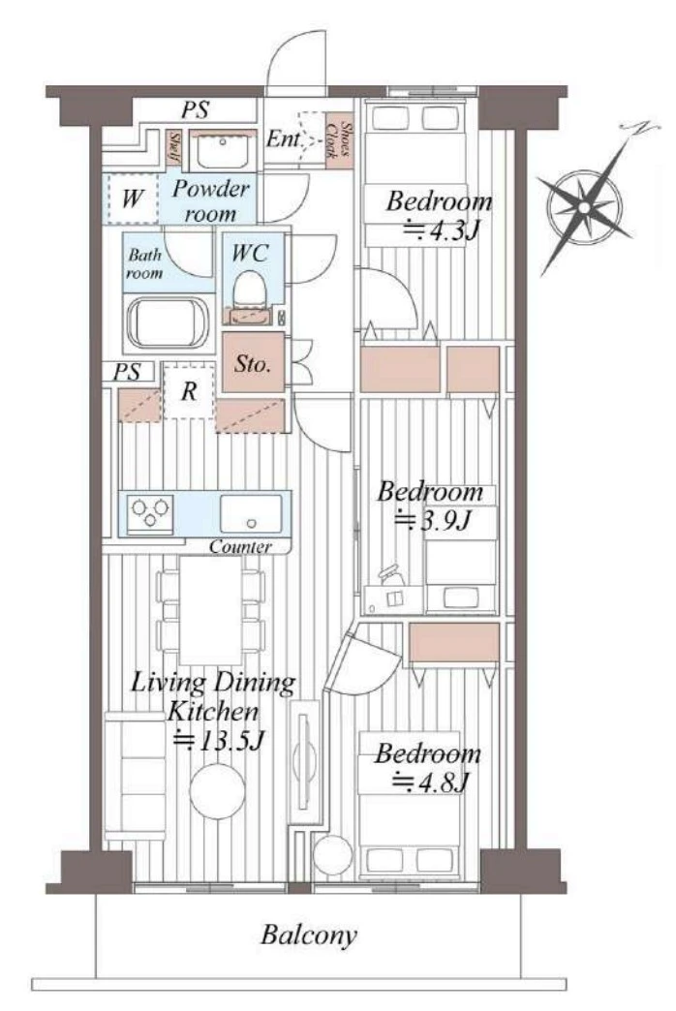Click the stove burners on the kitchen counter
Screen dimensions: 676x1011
point(150,513)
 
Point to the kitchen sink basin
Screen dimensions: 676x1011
point(250,513)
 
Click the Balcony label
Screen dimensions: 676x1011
point(308,934)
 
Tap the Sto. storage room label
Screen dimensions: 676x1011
point(252,364)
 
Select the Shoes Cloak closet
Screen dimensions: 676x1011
point(339,141)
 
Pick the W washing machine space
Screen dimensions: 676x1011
point(132,199)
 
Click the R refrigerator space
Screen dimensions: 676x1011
point(188,390)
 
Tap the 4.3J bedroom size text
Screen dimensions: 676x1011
point(442,230)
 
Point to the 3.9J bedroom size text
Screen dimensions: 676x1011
point(434,520)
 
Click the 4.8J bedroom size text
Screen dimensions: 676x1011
point(431,782)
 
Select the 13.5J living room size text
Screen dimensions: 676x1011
point(219,740)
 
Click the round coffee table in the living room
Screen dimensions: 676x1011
point(217,790)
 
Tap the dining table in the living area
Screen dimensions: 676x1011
point(210,609)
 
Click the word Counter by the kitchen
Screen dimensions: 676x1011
point(240,547)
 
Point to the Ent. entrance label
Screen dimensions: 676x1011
point(284,138)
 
